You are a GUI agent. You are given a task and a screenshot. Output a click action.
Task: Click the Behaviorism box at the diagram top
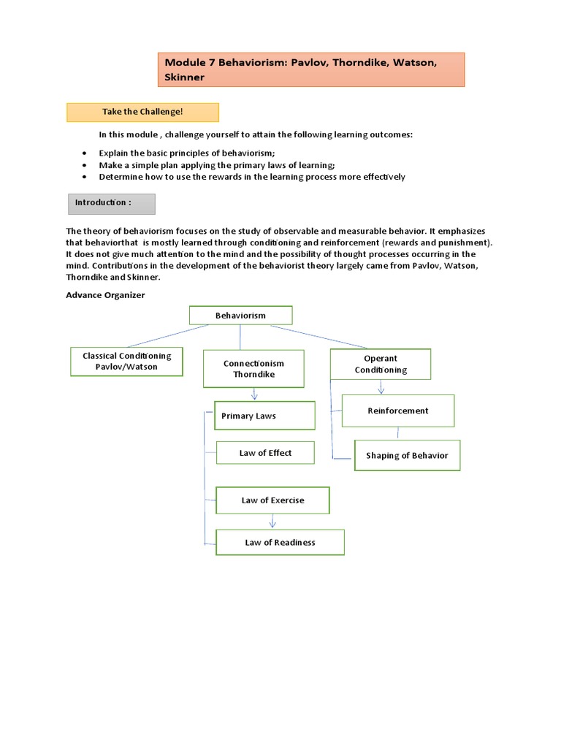pyautogui.click(x=240, y=316)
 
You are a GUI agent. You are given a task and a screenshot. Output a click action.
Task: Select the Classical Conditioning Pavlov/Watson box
pyautogui.click(x=126, y=362)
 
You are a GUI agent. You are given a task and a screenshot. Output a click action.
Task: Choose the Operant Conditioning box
pyautogui.click(x=381, y=364)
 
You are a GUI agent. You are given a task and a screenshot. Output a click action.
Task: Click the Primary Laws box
pyautogui.click(x=264, y=416)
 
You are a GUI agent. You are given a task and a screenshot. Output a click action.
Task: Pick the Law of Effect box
pyautogui.click(x=265, y=453)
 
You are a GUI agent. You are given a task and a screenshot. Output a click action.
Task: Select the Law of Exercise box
pyautogui.click(x=272, y=500)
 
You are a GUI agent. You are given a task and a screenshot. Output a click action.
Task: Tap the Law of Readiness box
pyautogui.click(x=280, y=543)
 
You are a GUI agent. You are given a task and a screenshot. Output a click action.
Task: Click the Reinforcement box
pyautogui.click(x=398, y=411)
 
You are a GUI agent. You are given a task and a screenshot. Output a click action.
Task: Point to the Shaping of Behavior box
pyautogui.click(x=407, y=455)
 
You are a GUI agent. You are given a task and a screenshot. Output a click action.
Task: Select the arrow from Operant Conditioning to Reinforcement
pyautogui.click(x=381, y=387)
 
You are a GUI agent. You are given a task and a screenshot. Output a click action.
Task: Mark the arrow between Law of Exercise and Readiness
pyautogui.click(x=272, y=522)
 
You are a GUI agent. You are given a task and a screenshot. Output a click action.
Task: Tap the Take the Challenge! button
pyautogui.click(x=142, y=112)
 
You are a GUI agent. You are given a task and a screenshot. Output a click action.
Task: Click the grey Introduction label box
pyautogui.click(x=112, y=204)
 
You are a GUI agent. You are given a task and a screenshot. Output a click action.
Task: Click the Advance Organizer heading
pyautogui.click(x=105, y=295)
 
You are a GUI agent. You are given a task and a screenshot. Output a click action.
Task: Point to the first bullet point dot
pyautogui.click(x=85, y=153)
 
